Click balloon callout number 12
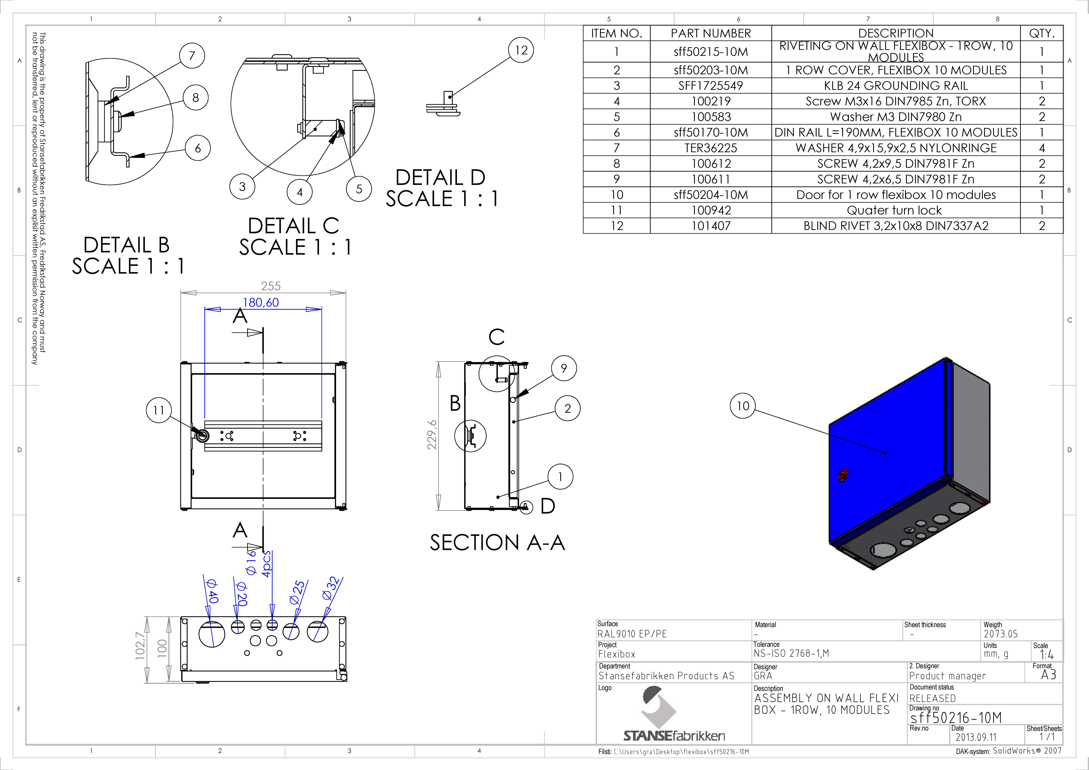pyautogui.click(x=521, y=50)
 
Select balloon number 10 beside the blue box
pyautogui.click(x=743, y=406)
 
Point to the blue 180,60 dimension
pyautogui.click(x=261, y=302)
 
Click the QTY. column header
pyautogui.click(x=1042, y=33)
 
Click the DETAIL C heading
pyautogui.click(x=294, y=226)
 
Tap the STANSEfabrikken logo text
pyautogui.click(x=674, y=736)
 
